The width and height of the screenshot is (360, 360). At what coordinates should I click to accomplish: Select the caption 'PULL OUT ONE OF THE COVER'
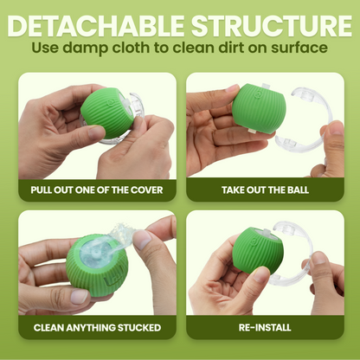[95, 190]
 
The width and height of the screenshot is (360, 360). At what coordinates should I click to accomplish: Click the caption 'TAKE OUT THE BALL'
[264, 190]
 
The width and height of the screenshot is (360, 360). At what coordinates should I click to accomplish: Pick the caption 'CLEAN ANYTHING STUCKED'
[95, 328]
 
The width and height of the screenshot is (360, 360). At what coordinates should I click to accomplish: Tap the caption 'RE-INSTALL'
[264, 328]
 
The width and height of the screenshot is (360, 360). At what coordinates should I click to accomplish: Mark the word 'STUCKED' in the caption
[135, 328]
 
